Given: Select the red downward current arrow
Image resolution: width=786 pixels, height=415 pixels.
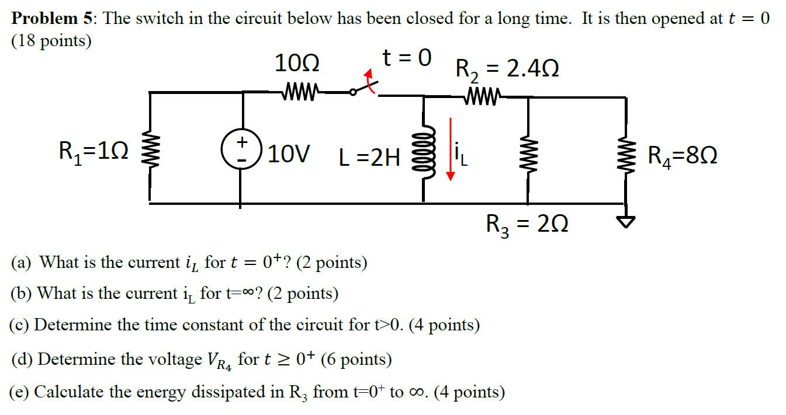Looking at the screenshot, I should coord(451,149).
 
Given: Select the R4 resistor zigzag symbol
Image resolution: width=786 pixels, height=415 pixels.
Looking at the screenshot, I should coord(626,155).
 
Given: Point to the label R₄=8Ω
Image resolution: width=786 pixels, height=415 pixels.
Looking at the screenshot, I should coord(683,156).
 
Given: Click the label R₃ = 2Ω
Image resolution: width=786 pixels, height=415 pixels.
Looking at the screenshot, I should coord(527,224).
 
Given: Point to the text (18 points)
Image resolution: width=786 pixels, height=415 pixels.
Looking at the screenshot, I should coord(51,42).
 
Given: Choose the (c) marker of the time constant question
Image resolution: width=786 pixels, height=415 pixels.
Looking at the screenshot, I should coord(21,325).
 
